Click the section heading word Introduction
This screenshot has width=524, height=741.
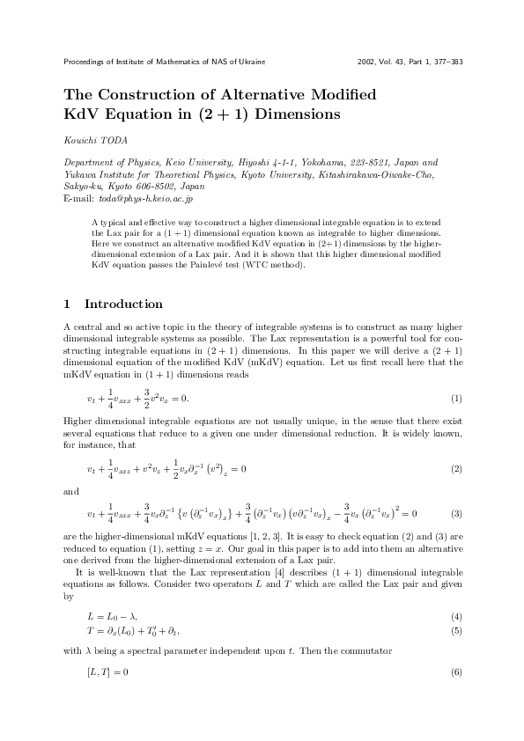tap(123, 304)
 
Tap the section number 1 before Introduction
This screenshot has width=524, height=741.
tap(68, 304)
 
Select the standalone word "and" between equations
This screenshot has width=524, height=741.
tap(72, 490)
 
